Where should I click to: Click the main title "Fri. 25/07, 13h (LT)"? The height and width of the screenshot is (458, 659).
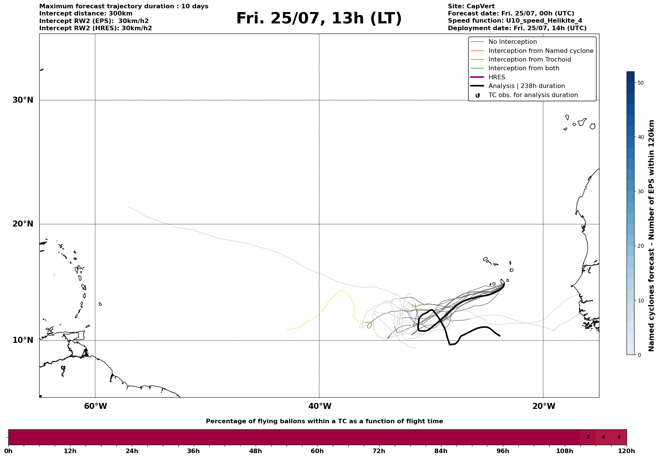point(319,19)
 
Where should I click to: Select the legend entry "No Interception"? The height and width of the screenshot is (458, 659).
point(512,42)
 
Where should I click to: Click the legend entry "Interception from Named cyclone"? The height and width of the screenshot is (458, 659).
point(541,51)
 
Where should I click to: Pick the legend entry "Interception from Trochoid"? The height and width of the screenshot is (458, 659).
point(529,60)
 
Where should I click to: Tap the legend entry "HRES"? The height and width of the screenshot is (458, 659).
point(497,77)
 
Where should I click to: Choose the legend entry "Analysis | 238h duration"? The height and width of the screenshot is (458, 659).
point(526,86)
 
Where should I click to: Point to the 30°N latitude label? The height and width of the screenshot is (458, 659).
point(23,100)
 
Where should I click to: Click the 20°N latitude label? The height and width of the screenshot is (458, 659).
point(23,224)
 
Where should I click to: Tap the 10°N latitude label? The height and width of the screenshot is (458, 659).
point(23,340)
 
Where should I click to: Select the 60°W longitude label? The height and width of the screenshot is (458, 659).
point(95,406)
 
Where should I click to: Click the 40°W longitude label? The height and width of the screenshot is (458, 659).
point(320,406)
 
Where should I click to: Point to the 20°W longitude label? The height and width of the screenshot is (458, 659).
point(544,406)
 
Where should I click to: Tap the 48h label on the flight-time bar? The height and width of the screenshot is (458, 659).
point(255,451)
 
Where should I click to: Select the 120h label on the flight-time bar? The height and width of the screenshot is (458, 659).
point(626,451)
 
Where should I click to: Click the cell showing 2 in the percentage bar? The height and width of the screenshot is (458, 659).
point(588,437)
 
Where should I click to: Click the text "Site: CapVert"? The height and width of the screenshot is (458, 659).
point(471,6)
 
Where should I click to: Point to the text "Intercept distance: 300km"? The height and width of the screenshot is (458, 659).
point(86,14)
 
